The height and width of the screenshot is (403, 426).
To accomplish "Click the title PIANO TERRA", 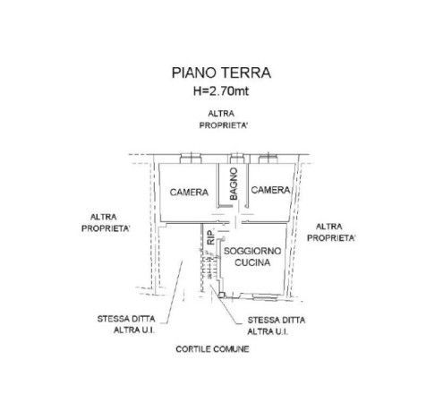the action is click(221, 73).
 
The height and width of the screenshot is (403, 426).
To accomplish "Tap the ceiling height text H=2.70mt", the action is click(221, 90).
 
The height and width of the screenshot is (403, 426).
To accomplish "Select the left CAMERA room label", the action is click(189, 193).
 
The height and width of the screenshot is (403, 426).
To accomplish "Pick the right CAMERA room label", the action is click(270, 190).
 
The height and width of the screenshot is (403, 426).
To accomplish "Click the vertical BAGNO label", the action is click(234, 184).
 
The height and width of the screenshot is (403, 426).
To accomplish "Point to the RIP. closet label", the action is click(211, 237).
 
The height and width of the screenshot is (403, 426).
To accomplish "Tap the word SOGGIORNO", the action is click(252, 251).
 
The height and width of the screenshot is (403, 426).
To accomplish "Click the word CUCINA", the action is click(252, 262).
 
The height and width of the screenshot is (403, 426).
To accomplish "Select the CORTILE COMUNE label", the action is click(212, 349).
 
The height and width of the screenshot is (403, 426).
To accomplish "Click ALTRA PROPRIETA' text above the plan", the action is click(224, 119).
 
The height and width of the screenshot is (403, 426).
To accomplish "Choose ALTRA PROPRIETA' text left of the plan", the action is click(106, 223).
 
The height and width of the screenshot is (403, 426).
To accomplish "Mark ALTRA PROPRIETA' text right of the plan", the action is click(331, 232).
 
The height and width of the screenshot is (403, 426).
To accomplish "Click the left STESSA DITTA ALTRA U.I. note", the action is click(126, 324).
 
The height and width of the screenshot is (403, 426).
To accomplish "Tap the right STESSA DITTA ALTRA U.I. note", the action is click(277, 326).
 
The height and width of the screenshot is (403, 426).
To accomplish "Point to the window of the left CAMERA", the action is click(191, 159).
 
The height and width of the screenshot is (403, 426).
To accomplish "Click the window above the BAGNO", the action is click(237, 159).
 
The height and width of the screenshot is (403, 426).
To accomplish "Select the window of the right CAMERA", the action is click(268, 159).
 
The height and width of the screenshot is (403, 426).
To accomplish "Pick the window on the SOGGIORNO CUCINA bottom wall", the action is click(265, 297).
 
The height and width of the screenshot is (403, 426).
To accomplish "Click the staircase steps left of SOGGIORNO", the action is click(209, 266).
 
